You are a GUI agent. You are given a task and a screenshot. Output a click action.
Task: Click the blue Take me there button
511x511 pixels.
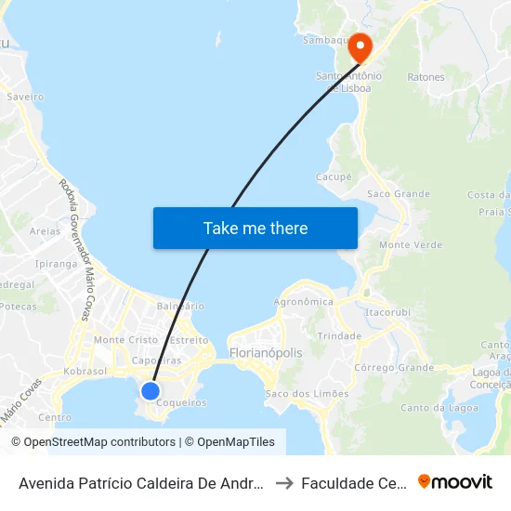coord(255,228)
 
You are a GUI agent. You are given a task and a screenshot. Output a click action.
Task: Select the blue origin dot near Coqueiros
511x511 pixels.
coord(151,390)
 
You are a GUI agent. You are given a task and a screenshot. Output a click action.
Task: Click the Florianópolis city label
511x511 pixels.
coord(266,354)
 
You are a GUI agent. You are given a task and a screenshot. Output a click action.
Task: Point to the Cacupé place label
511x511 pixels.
coord(334,176)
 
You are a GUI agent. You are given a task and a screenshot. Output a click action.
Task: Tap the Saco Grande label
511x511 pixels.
coord(399,194)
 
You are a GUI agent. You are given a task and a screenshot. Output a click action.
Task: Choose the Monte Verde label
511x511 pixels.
coord(411,244)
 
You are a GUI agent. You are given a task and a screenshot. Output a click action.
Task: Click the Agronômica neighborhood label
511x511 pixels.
coord(303,302)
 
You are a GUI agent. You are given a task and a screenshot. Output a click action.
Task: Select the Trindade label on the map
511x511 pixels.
coord(339,335)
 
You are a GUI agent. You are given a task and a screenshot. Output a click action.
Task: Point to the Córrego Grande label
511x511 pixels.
coord(394,368)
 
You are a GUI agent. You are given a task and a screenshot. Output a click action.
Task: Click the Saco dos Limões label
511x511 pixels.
coord(308,394)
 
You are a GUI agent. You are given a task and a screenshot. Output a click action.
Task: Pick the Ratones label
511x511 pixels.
coord(426,77)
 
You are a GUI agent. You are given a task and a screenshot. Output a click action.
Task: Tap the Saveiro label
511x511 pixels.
coord(25,96)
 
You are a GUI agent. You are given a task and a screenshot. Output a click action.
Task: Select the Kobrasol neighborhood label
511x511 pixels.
coord(86,371)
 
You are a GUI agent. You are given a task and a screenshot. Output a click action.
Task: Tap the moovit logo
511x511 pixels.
coord(455,482)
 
